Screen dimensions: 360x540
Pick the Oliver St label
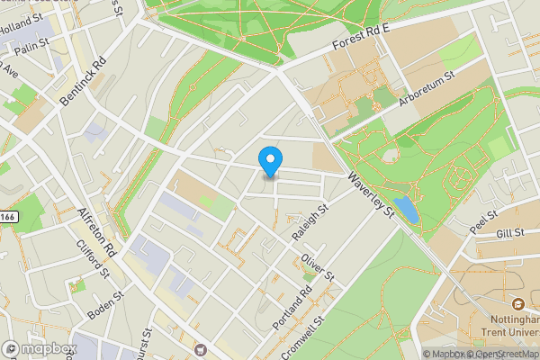pos(319,266)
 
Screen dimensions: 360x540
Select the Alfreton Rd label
pos(98,230)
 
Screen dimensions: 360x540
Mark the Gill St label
pos(509,234)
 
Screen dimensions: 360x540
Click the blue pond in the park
pos(406,211)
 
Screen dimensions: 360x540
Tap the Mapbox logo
pos(40,349)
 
